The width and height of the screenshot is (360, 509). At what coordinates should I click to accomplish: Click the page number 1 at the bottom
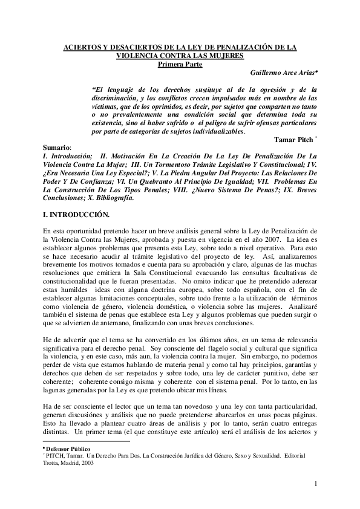tap(316, 483)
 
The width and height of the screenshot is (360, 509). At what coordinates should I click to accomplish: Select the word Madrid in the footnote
tap(71, 463)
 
